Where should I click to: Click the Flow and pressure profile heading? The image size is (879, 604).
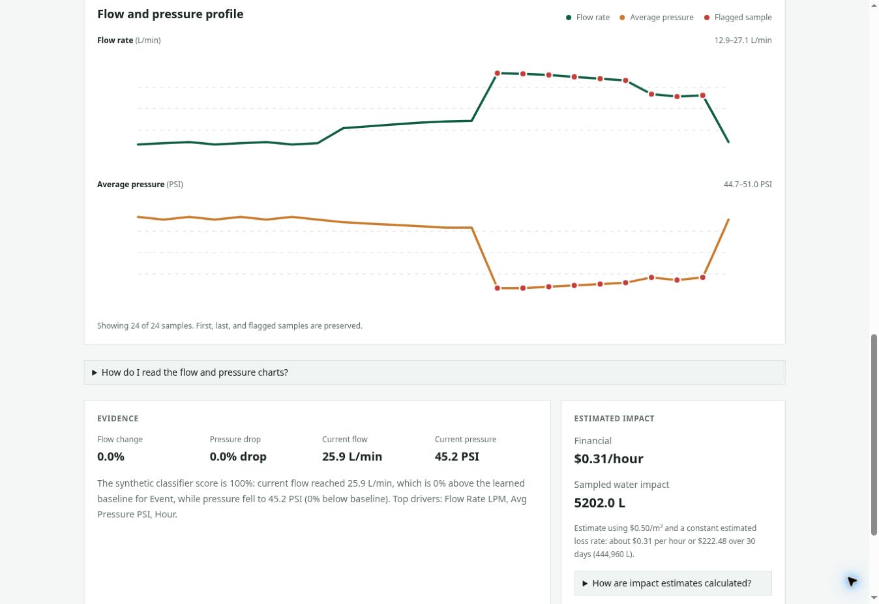pos(170,14)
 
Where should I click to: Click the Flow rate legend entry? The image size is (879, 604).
pos(588,17)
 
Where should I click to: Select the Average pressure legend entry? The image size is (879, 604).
pos(657,17)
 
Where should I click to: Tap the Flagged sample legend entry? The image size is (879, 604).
pos(737,17)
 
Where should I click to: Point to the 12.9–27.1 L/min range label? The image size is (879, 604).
pos(743,40)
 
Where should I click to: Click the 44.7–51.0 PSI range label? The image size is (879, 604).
pos(747,185)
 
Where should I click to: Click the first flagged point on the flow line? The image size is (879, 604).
pos(497,74)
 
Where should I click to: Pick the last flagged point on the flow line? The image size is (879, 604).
pos(703,95)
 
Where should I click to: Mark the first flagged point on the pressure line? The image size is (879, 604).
pos(497,288)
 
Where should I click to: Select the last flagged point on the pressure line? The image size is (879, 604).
pos(703,277)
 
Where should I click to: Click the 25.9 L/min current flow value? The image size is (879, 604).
pos(352,457)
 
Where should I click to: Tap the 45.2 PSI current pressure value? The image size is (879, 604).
pos(456,457)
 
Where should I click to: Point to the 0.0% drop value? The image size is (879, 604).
pos(238,457)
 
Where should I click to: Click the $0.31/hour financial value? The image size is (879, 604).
pos(608,459)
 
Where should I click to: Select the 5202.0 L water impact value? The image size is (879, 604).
pos(599,503)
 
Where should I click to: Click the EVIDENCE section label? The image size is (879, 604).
pos(118,418)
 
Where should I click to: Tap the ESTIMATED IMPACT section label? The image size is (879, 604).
pos(614,418)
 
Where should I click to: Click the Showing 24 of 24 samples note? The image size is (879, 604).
pos(230,325)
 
